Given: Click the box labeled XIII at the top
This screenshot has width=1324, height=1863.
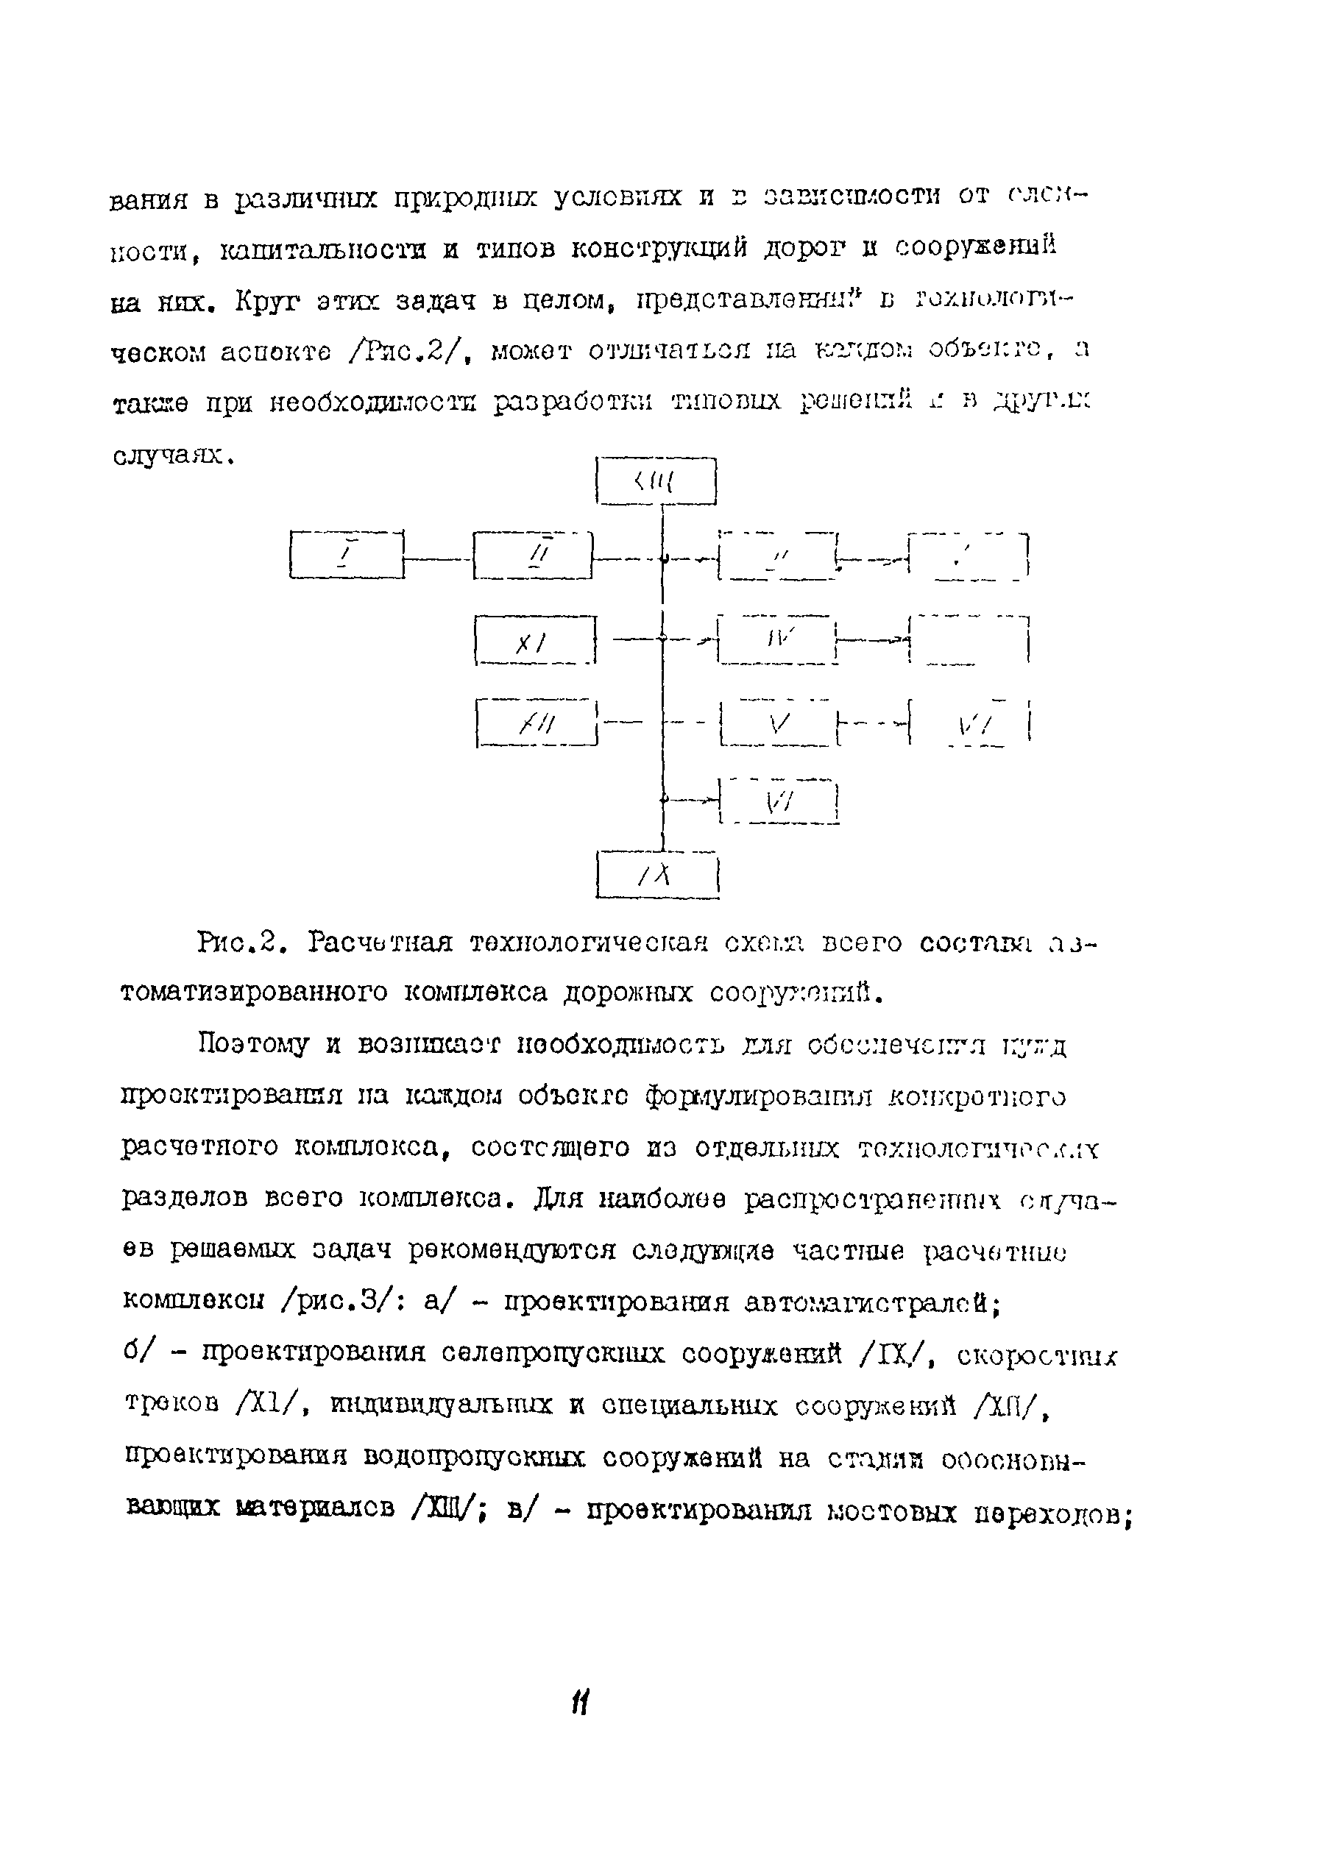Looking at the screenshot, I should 656,482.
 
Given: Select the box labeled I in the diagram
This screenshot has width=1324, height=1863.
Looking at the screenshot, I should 347,555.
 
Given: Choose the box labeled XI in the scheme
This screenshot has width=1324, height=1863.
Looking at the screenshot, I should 534,642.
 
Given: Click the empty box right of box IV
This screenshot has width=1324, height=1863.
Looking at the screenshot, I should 969,639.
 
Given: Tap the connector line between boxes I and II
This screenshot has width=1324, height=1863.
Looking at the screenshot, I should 439,558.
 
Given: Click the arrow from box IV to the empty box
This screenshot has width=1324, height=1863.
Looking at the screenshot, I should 873,639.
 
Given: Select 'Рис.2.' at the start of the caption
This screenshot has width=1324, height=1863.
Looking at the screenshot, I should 242,943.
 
